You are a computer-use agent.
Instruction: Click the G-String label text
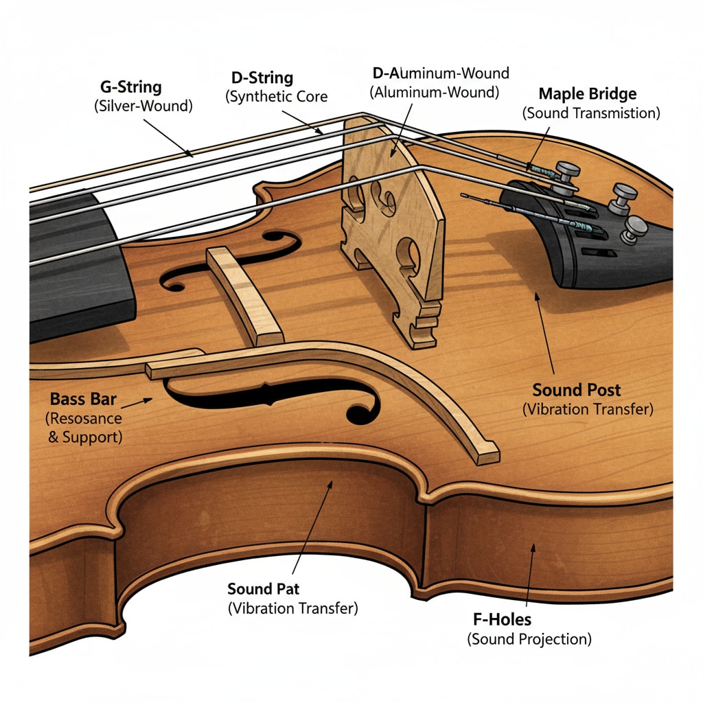130,88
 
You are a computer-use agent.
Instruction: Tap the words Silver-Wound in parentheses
143,106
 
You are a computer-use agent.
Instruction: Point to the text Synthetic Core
277,97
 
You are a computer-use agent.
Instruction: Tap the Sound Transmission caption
591,113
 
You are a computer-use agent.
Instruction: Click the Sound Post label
577,391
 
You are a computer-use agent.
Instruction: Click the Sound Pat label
264,589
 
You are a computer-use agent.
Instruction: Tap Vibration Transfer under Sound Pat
292,608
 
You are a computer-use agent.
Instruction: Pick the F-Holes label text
503,620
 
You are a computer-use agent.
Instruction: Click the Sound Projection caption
529,639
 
